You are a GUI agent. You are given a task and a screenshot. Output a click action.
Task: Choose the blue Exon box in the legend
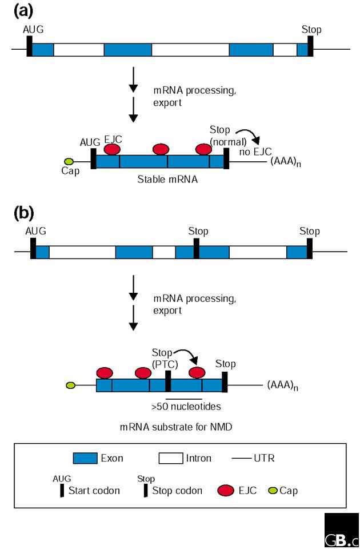85,458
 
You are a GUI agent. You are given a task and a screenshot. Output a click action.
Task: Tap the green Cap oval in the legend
273,491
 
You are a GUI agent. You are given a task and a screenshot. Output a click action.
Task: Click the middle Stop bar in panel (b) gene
196,249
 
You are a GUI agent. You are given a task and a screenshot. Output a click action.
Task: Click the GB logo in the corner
342,531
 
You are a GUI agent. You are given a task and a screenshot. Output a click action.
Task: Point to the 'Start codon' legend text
94,491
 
